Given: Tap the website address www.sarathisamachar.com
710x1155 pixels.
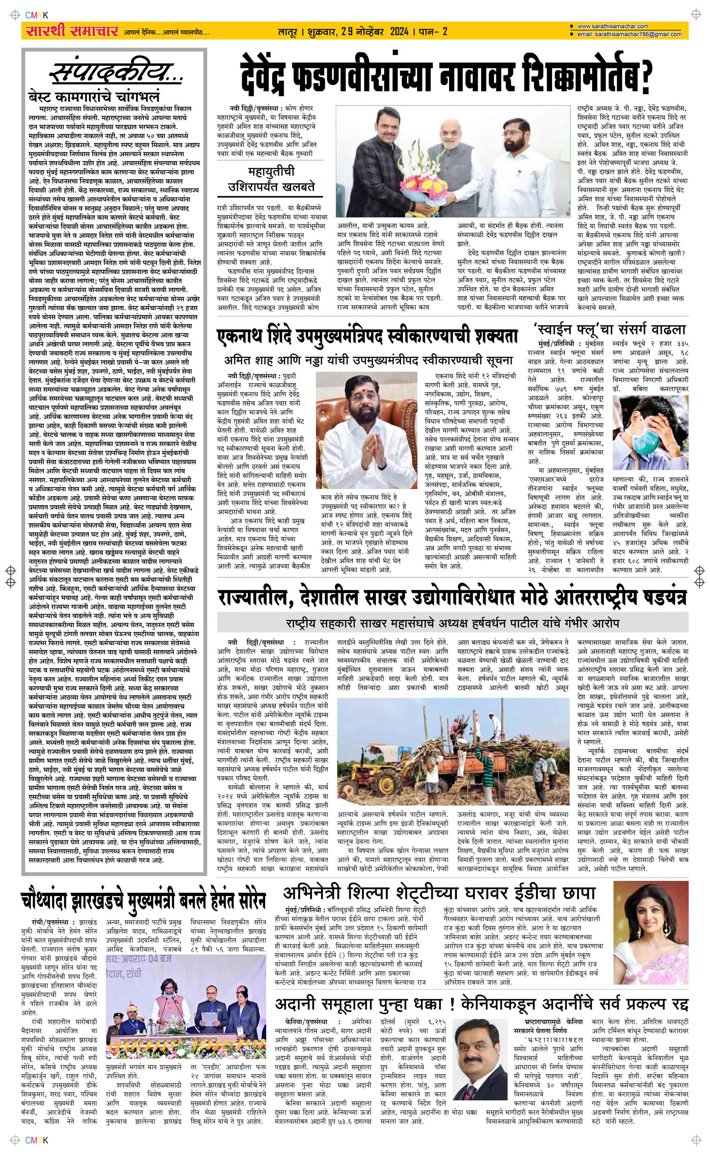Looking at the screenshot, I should (612, 27).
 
